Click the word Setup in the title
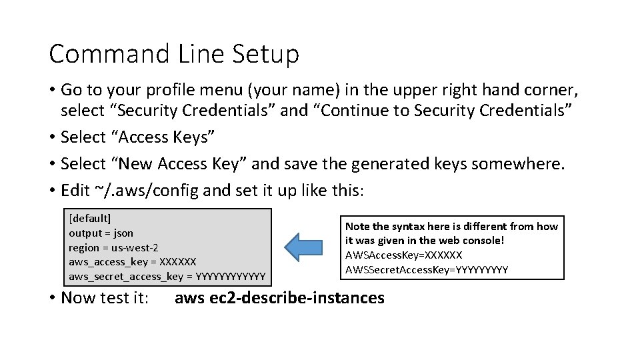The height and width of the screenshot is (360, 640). coord(266,54)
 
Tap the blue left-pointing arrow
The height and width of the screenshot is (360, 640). coord(303,247)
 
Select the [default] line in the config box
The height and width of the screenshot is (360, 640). coord(90,218)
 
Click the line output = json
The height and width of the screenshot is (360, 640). coord(101,233)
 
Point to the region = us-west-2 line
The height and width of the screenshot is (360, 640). coord(113,247)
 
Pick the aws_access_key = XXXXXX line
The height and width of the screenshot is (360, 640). coord(133,261)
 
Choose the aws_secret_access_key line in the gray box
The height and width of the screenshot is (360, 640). coord(167,276)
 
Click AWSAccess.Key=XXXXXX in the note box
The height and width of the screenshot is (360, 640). coord(403,255)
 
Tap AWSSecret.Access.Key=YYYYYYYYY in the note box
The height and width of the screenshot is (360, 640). coord(427,269)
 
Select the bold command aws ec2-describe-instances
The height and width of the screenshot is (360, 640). coord(279,297)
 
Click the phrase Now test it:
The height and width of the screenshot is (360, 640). coord(105,297)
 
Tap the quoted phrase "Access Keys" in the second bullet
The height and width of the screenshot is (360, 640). coord(166,137)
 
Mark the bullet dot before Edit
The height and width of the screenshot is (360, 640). coord(53,191)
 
